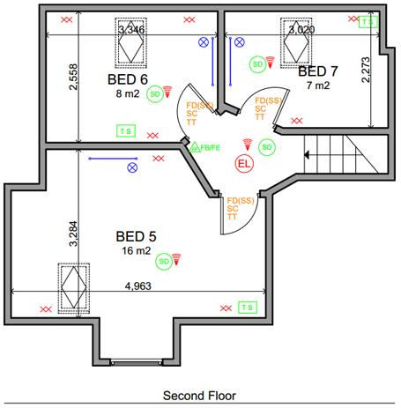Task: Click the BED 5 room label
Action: pos(136,236)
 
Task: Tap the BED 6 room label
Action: pos(127,79)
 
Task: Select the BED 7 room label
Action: pos(317,70)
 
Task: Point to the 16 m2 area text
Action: pos(136,251)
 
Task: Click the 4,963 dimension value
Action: pos(139,286)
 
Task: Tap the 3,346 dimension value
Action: pos(130,29)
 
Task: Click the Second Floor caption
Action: pos(199,396)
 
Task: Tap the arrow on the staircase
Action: pos(308,154)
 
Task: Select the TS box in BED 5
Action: pos(247,307)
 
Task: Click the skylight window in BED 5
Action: pos(73,286)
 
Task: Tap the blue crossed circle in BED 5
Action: pos(133,167)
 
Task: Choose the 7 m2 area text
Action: pos(317,85)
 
